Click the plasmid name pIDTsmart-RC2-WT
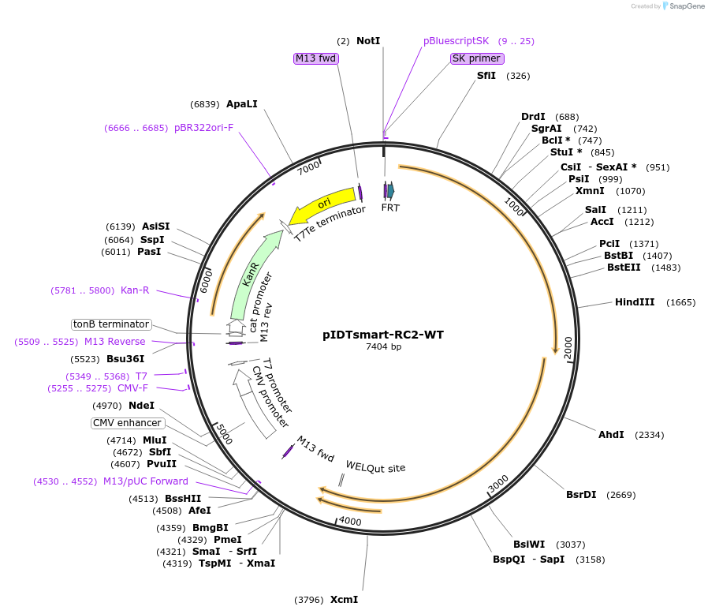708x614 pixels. (383, 335)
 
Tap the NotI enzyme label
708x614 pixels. (368, 40)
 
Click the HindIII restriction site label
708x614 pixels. (635, 302)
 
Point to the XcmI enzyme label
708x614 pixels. (344, 600)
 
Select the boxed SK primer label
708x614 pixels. (476, 58)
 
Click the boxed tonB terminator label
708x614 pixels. (111, 324)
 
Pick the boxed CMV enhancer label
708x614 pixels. (126, 423)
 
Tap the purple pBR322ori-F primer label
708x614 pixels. (203, 128)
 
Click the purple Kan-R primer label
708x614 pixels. (135, 290)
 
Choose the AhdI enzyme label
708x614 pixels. (611, 435)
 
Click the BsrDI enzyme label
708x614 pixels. (581, 495)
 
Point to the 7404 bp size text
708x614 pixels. (383, 347)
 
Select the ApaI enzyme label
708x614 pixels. (241, 104)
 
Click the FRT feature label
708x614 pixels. (390, 208)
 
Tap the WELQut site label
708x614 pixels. (375, 467)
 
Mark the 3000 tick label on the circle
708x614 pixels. (498, 484)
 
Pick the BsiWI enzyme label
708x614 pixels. (529, 545)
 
